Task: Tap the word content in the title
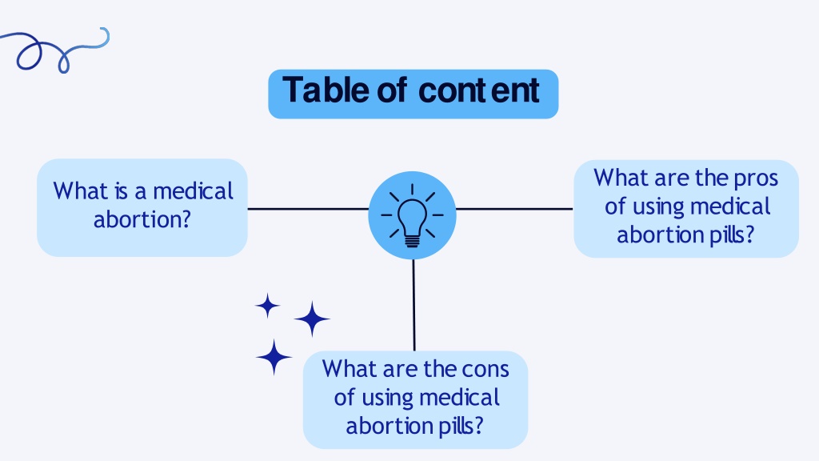click(x=479, y=91)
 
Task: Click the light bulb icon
click(x=412, y=214)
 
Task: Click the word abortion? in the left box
click(x=142, y=219)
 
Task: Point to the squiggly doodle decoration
click(x=55, y=50)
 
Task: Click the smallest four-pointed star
click(x=268, y=306)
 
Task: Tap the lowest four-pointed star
click(x=274, y=357)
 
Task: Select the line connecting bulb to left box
click(x=308, y=209)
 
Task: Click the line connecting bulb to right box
click(x=514, y=209)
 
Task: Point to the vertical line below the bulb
click(x=414, y=305)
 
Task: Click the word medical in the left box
click(x=193, y=190)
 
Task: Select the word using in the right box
click(x=657, y=207)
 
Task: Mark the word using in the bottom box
click(x=386, y=399)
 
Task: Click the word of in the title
click(x=392, y=90)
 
